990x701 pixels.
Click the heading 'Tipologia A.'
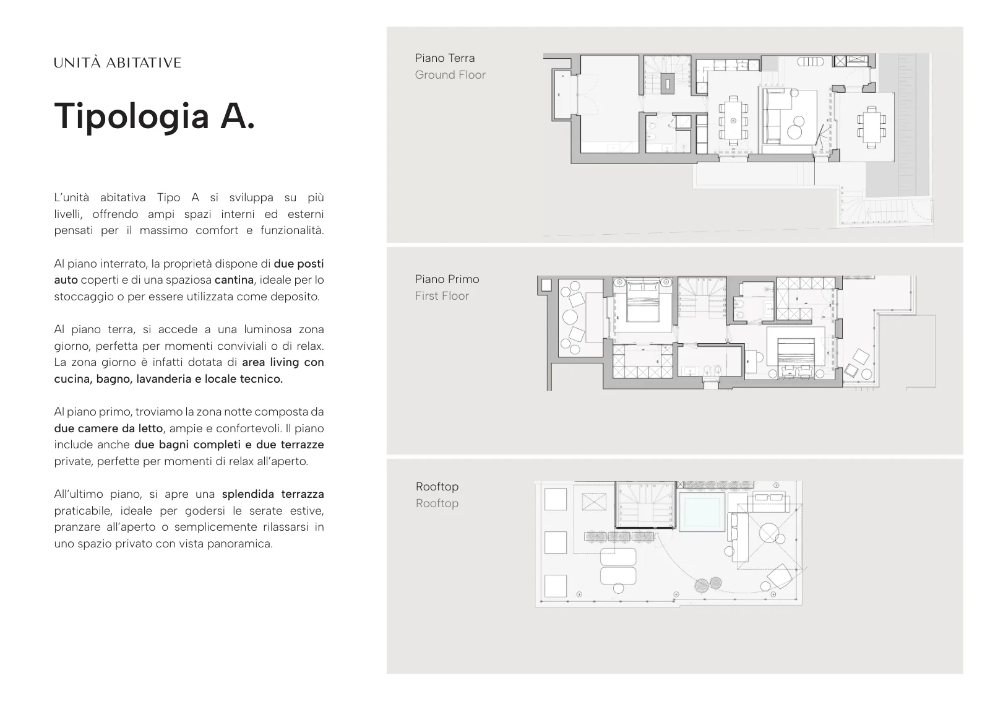[x=155, y=116]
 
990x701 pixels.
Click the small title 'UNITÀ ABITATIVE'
[x=118, y=63]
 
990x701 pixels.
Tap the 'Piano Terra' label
[x=445, y=58]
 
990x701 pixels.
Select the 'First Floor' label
[x=442, y=296]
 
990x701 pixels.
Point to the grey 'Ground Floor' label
[x=450, y=75]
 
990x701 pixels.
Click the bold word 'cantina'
[x=235, y=280]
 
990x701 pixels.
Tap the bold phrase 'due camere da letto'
[x=109, y=429]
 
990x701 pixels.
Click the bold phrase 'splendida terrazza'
[x=273, y=494]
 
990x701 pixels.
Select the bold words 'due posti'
[x=299, y=264]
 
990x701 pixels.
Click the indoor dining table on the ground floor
[x=733, y=121]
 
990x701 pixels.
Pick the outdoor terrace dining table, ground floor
[x=872, y=126]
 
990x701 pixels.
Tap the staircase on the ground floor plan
[x=667, y=76]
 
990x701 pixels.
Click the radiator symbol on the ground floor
[x=810, y=62]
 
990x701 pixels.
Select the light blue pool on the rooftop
[x=702, y=512]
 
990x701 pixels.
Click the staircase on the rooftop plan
[x=645, y=505]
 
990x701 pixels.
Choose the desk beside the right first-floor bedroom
[x=751, y=362]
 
